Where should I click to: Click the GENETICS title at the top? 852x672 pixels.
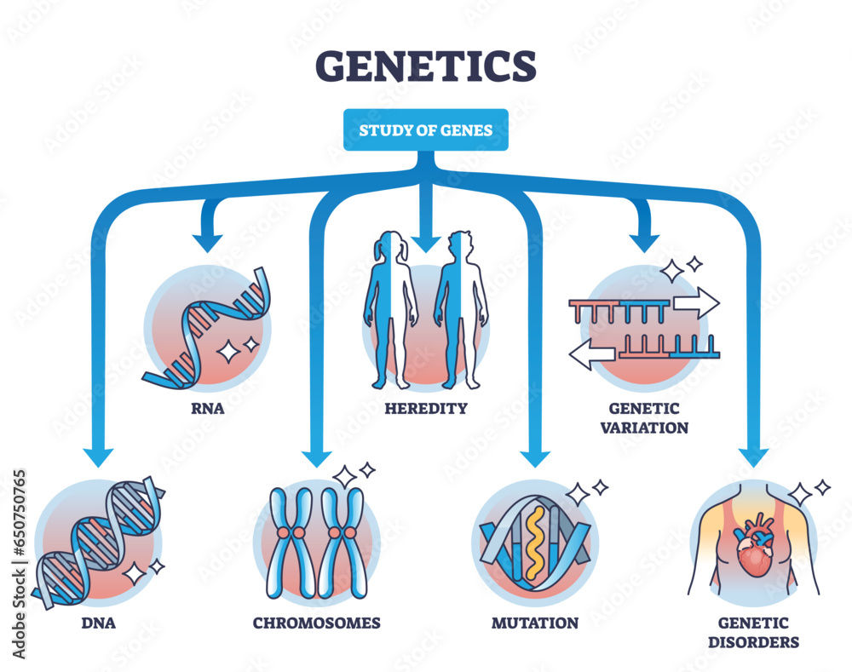425,66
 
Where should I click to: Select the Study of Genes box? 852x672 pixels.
425,130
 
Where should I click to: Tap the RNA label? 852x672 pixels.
206,407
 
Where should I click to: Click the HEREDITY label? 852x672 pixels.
425,408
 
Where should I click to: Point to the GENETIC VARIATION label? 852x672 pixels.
643,417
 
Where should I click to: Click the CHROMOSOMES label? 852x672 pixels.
316,623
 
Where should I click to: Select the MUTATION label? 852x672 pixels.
534,623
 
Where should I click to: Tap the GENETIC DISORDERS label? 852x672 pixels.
752,633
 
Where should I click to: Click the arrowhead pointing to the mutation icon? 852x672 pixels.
534,457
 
